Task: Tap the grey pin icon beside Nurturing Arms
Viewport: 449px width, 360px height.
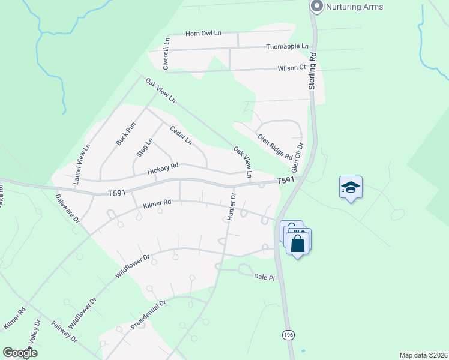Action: pyautogui.click(x=317, y=6)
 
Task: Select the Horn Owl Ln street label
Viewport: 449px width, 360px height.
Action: pyautogui.click(x=204, y=34)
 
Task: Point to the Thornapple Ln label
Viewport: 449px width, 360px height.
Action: pyautogui.click(x=287, y=46)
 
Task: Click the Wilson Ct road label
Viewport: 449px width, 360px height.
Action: pyautogui.click(x=292, y=68)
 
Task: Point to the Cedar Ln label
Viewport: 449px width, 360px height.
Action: pyautogui.click(x=180, y=134)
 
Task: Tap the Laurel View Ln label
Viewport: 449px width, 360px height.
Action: pyautogui.click(x=82, y=163)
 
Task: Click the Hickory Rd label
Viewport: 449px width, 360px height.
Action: pyautogui.click(x=163, y=169)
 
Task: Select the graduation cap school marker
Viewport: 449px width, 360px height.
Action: pyautogui.click(x=351, y=187)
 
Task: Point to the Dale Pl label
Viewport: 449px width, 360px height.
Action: pyautogui.click(x=264, y=277)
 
